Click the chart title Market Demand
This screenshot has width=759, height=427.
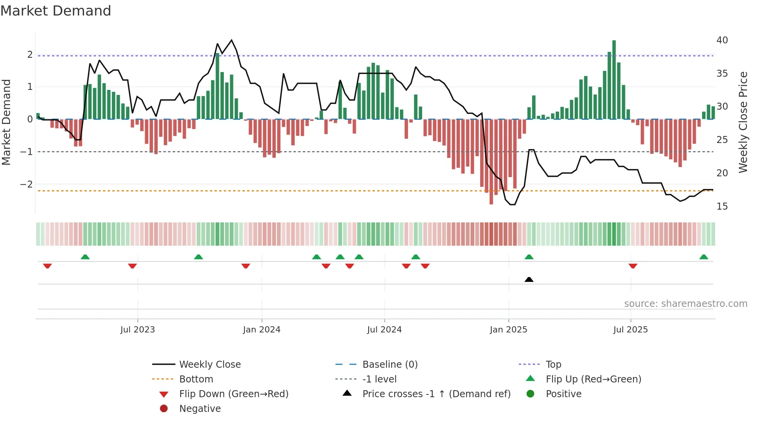click(x=56, y=11)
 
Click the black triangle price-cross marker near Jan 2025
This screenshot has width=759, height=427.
click(x=529, y=279)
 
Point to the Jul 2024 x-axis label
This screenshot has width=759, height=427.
click(x=384, y=330)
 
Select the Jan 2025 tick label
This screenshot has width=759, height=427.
click(x=508, y=330)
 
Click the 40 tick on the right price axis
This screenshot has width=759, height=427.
click(x=722, y=40)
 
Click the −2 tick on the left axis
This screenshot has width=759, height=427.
click(x=26, y=184)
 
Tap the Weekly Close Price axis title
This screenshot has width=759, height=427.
click(x=743, y=122)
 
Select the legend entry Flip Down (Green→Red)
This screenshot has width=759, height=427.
click(x=234, y=394)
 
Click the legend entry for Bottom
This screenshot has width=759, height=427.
click(x=196, y=379)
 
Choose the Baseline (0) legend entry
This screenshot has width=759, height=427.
click(x=390, y=365)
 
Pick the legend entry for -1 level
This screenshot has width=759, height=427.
click(x=379, y=379)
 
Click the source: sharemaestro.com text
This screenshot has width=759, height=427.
click(x=685, y=304)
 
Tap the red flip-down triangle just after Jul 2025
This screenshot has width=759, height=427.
click(x=633, y=266)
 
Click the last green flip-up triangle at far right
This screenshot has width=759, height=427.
click(x=704, y=257)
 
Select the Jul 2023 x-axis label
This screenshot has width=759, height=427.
click(x=137, y=330)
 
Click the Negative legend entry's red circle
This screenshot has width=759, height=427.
click(x=164, y=409)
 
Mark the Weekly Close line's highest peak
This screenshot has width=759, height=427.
click(x=232, y=40)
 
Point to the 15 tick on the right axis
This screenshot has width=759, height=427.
click(x=722, y=207)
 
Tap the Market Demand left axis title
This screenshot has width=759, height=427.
click(x=6, y=122)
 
